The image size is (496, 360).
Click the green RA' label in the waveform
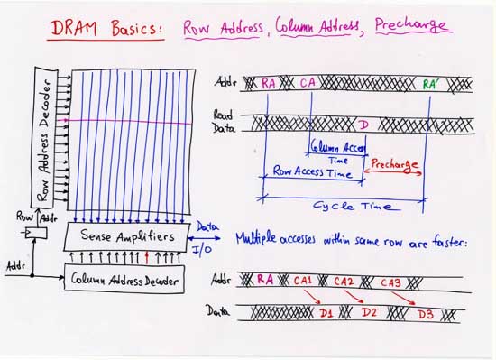pos(432,85)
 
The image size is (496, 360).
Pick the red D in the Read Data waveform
pos(363,122)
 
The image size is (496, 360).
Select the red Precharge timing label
pos(394,164)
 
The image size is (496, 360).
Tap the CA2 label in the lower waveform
pos(344,282)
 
